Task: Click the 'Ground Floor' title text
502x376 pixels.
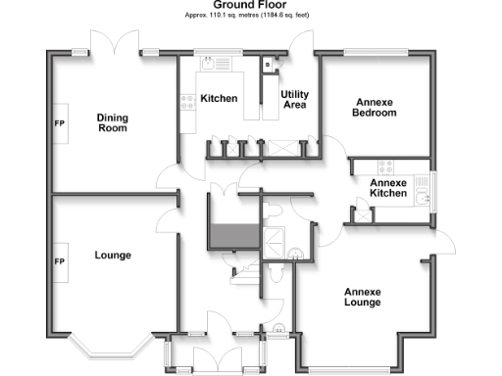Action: coord(250,5)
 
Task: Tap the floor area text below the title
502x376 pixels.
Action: coord(250,16)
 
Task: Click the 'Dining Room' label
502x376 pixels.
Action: coord(112,123)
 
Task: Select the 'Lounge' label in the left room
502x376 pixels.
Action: coord(113,256)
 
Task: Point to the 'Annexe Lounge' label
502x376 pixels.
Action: coord(362,297)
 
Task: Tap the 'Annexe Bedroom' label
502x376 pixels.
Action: coord(375,108)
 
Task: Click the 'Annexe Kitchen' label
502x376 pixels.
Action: coord(387,188)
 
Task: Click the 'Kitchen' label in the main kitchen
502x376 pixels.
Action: coord(219,99)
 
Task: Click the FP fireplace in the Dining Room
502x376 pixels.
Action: coord(58,124)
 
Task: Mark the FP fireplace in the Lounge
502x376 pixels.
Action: coord(58,262)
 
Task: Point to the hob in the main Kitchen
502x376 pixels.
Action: coord(187,99)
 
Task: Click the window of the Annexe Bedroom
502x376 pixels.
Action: coord(376,52)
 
